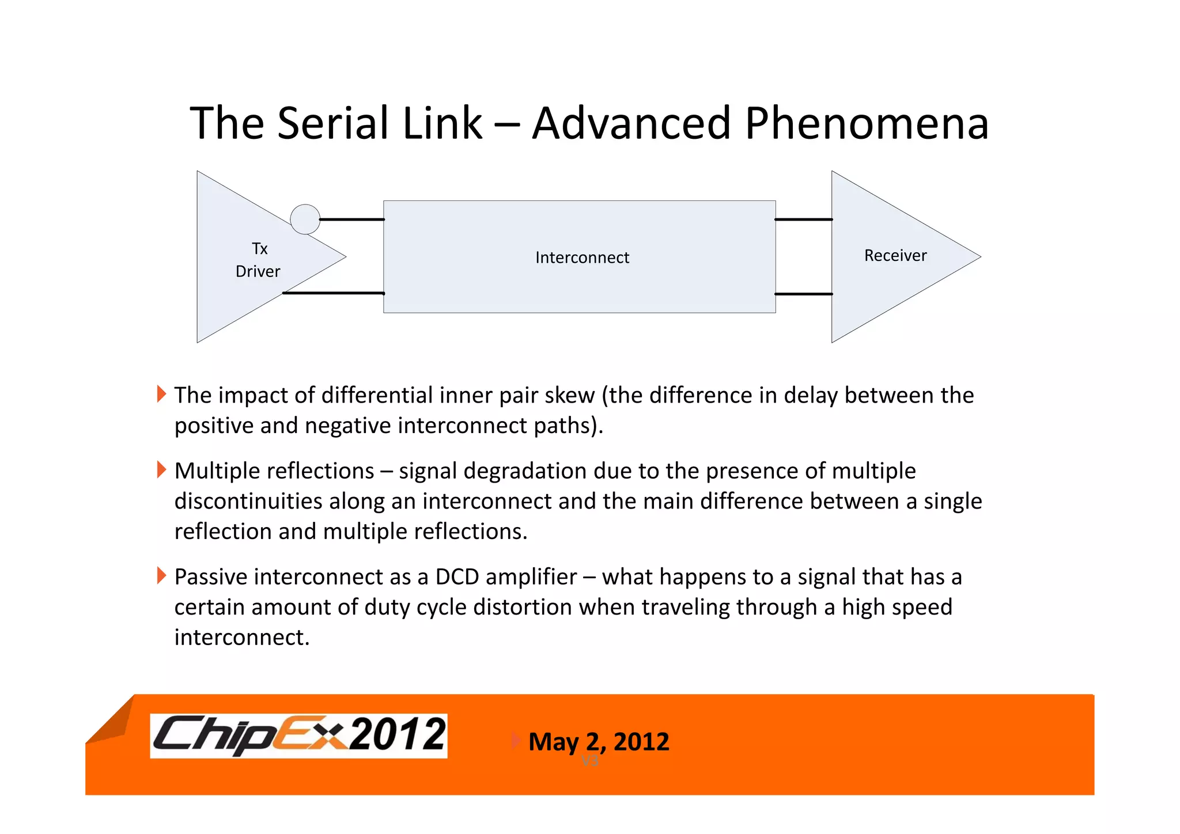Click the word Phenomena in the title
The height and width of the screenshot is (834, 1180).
click(867, 123)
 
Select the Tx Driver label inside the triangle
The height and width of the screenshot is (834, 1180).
click(258, 260)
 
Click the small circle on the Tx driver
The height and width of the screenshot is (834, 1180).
click(305, 219)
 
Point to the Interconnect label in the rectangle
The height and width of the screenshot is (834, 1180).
click(582, 257)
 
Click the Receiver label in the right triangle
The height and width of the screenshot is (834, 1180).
click(895, 256)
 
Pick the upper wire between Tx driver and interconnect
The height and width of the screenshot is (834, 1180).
click(352, 219)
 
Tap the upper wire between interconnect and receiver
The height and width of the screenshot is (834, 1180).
click(804, 219)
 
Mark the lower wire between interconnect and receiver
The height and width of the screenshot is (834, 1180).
click(804, 294)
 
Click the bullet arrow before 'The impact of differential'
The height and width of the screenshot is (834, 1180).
click(161, 395)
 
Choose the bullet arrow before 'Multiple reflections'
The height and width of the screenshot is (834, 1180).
click(161, 470)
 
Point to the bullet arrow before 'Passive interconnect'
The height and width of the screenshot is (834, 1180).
click(161, 575)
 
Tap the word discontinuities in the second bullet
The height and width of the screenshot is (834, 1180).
click(248, 501)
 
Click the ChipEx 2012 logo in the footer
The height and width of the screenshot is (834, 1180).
click(298, 736)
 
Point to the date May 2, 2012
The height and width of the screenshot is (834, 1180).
click(599, 742)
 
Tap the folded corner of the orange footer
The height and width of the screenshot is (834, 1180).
click(111, 722)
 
